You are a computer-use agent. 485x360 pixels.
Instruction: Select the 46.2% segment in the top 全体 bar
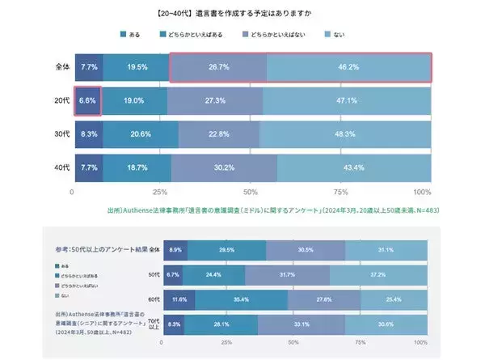tap(349, 67)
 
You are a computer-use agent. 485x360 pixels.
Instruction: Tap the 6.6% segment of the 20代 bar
tap(86, 100)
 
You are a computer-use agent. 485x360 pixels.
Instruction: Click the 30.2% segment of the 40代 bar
tap(224, 167)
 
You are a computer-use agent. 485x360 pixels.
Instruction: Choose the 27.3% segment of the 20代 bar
tap(215, 100)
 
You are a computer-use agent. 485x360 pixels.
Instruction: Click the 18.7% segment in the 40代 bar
tap(136, 167)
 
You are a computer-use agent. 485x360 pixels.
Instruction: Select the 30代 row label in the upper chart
tap(61, 133)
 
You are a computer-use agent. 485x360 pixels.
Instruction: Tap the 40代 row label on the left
tap(61, 167)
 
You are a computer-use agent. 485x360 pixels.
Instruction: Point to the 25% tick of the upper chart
tap(160, 192)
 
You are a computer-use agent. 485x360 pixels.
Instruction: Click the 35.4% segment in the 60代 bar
tap(241, 300)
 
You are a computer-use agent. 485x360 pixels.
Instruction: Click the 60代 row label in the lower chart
tap(153, 300)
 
